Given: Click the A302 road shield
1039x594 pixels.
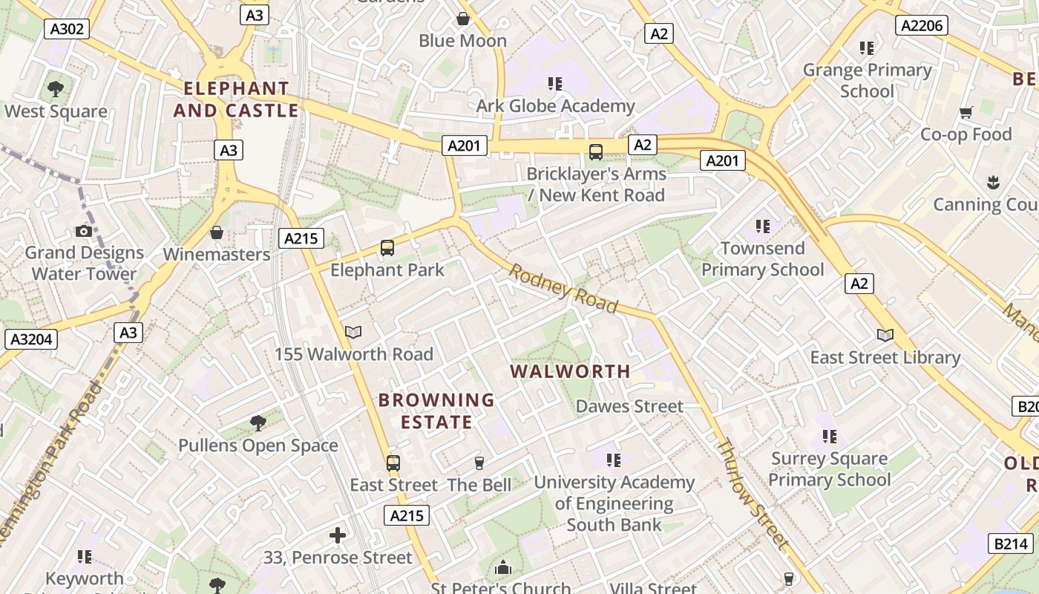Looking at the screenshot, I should (67, 29).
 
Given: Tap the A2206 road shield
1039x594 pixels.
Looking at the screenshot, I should (922, 26).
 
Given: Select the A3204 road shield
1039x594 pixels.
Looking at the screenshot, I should (30, 339).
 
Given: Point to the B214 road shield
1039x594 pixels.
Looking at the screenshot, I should (1011, 544).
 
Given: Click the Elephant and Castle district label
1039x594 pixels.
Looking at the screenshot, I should (236, 99).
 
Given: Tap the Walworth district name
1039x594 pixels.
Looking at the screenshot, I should (571, 371).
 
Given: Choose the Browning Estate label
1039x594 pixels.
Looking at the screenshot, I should (436, 411).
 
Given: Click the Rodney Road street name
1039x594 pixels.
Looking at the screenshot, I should (563, 289).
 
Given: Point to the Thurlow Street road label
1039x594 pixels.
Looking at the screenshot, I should (751, 494).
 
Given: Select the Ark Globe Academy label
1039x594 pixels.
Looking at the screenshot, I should (555, 106).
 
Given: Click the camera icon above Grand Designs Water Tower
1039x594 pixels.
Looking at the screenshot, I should (84, 232).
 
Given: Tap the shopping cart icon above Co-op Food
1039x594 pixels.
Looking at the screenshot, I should (966, 113).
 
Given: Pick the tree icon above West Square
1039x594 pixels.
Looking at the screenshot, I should (55, 90).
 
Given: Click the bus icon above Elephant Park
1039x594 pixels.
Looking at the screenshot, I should (387, 248).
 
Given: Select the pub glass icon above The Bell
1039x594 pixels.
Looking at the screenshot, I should (479, 463).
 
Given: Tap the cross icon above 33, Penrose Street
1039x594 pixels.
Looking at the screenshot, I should (338, 535).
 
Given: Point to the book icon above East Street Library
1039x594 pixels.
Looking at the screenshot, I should (885, 336).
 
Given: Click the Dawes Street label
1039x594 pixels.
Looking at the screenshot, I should (629, 406).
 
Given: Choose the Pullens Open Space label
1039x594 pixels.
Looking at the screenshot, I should (258, 446).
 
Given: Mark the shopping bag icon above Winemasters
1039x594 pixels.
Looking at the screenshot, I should (217, 233).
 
